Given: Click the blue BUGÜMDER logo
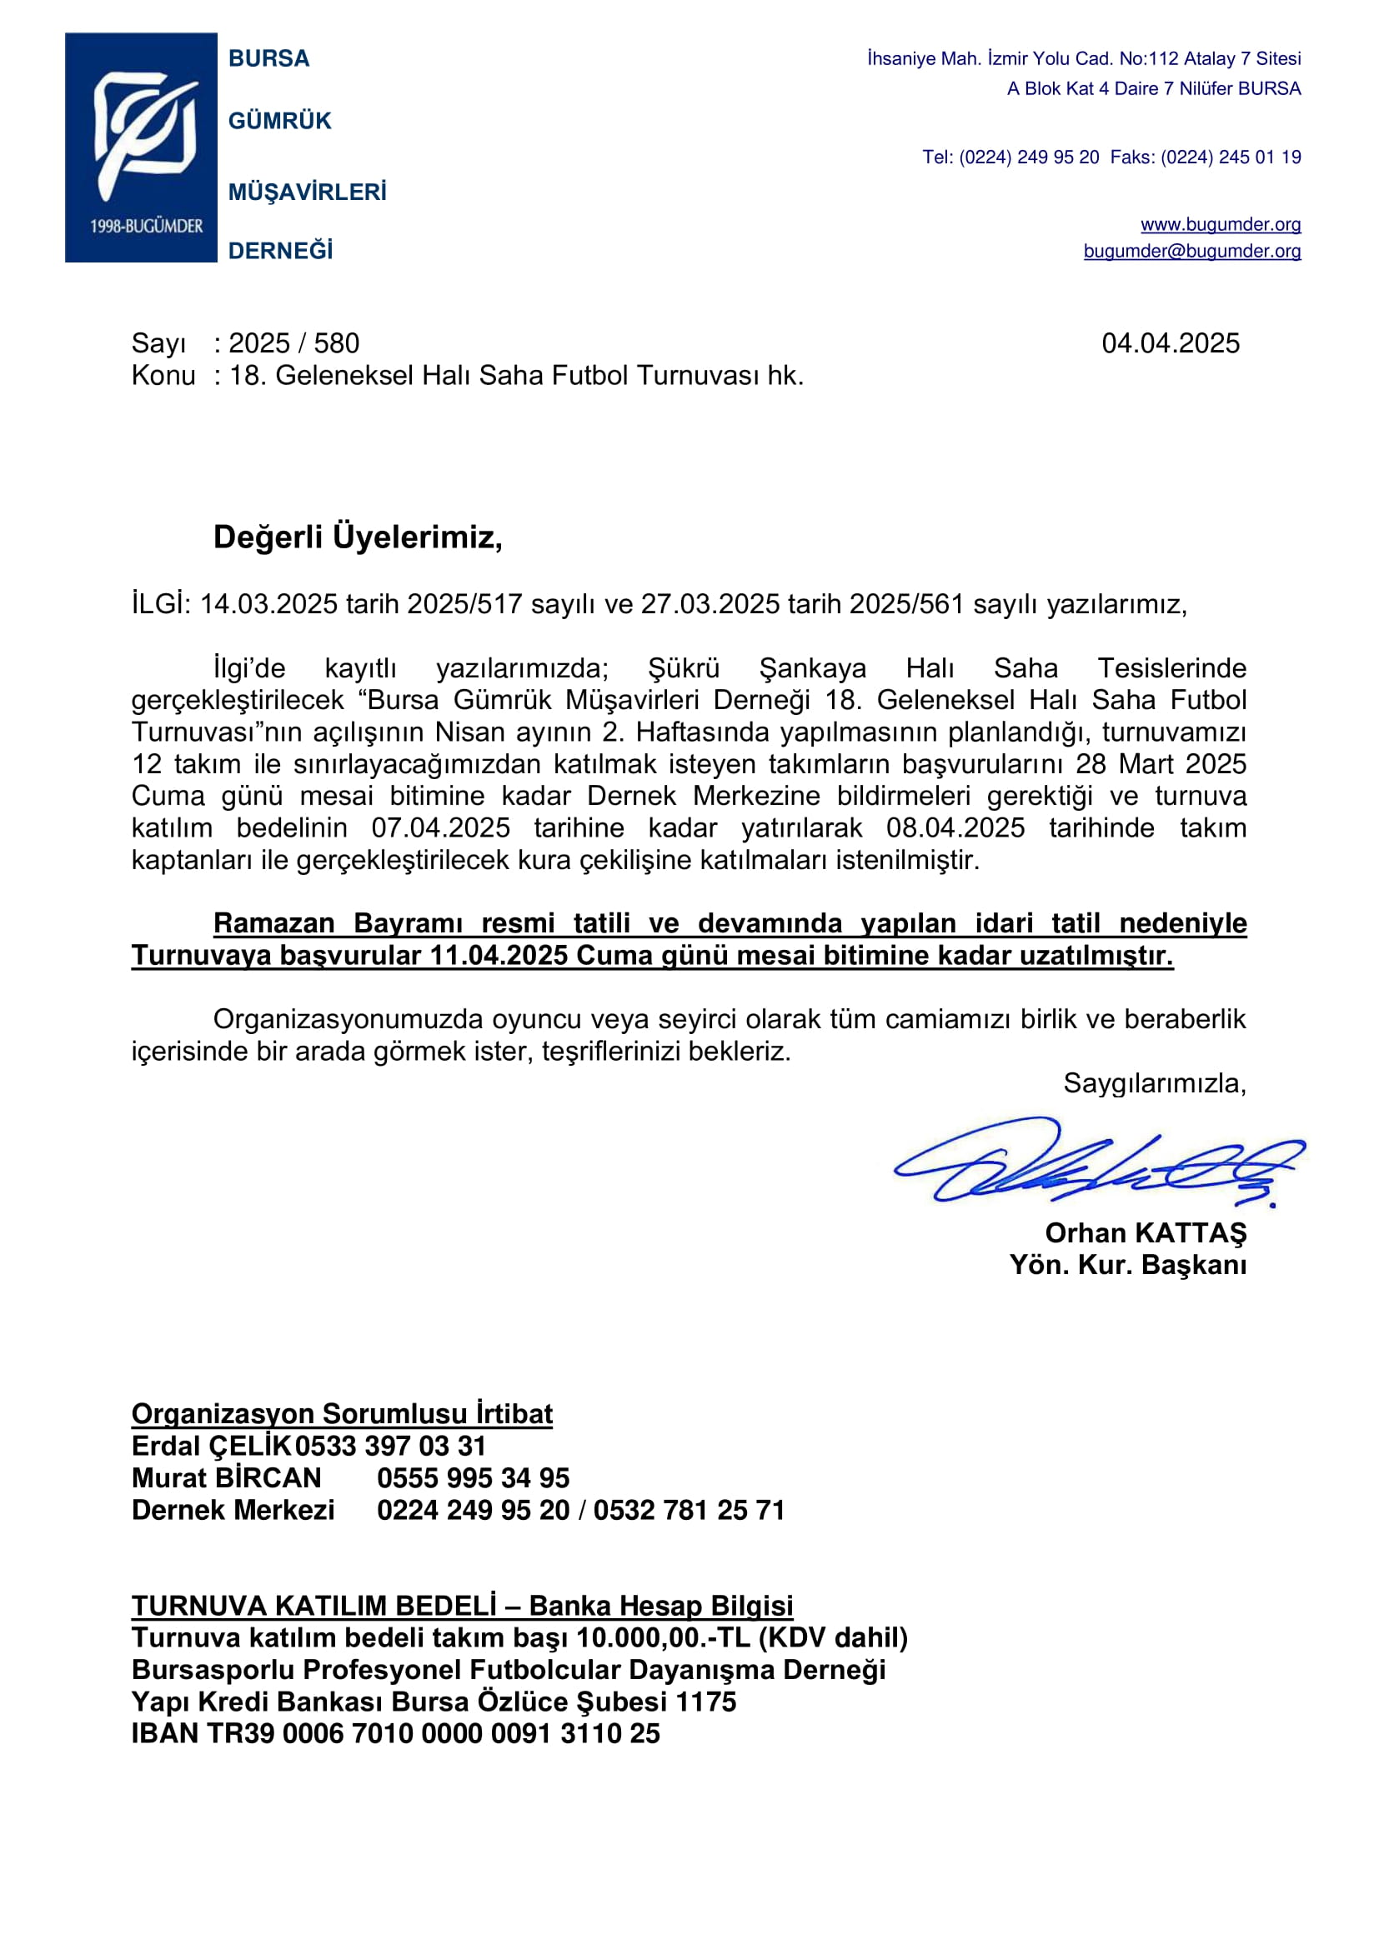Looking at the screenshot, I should (141, 147).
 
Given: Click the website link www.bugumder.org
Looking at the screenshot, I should (1221, 224).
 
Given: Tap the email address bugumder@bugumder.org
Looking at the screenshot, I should (1191, 252).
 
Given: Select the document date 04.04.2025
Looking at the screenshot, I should (1170, 343).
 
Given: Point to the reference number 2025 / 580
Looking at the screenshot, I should (293, 343).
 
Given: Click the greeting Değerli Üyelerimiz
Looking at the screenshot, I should (358, 537).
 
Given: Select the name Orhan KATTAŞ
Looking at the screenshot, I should (1145, 1232).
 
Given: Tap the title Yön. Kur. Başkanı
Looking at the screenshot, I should (1128, 1265).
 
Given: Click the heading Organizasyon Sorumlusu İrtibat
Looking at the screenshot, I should (341, 1413).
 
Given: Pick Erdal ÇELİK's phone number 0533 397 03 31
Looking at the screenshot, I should (390, 1446).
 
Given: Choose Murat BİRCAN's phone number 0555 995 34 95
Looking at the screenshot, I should (473, 1478).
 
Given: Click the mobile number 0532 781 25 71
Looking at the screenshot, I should (689, 1510).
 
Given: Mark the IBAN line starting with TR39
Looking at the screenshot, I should (396, 1733).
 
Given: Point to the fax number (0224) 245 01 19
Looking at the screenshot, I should (1231, 157).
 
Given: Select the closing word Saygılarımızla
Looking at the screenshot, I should (1154, 1083).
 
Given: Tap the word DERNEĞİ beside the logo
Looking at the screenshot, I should (280, 252).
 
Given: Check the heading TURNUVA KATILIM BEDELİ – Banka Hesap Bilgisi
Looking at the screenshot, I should (462, 1606).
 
